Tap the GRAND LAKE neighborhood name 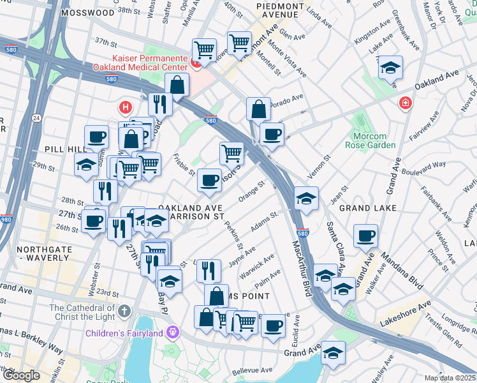368,208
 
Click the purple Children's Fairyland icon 172,333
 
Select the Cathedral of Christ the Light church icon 124,312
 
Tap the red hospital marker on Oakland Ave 404,103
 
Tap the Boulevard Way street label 423,168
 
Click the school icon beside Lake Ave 390,69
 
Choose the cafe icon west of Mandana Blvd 365,236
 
